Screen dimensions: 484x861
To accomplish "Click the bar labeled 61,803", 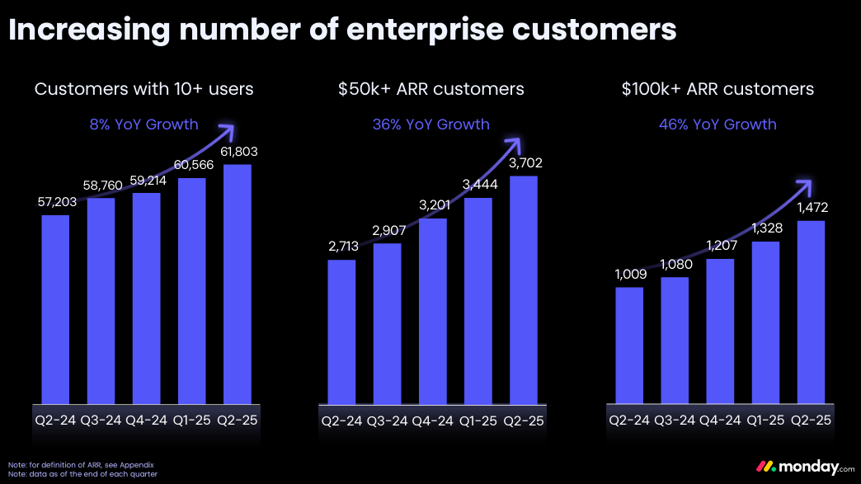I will [238, 284].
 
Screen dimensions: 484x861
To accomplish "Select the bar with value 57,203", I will [55, 309].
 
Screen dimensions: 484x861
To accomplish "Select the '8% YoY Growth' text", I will [144, 125].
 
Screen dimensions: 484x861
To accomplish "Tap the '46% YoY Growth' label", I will [717, 125].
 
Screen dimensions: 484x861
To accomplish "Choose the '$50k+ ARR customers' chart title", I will [430, 88].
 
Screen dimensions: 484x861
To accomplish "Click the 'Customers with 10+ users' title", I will [144, 88].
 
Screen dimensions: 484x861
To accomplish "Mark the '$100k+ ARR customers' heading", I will [717, 88].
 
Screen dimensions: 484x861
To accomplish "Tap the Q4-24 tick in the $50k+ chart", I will [432, 420].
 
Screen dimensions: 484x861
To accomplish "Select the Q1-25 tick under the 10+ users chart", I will [191, 420].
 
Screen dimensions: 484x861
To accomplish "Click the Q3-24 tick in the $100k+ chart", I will [675, 420].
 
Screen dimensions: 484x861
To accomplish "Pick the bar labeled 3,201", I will [432, 311].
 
